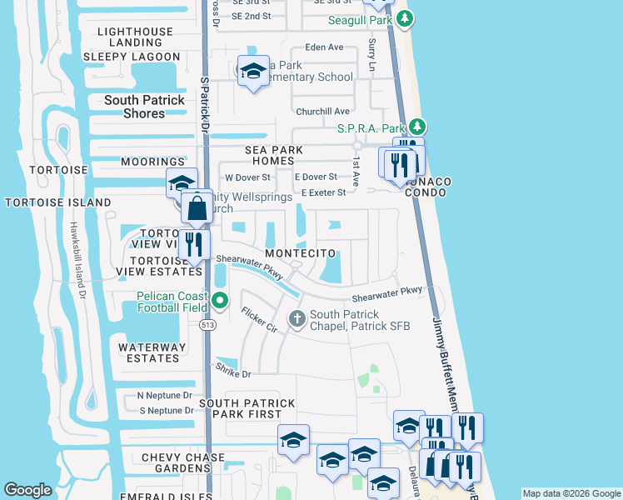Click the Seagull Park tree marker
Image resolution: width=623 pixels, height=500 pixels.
coord(404,17)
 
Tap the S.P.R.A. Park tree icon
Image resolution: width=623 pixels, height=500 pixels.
coord(418,127)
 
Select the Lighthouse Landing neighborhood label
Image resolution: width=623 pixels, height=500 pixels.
coord(135,37)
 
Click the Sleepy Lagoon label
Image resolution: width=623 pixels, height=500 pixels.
coord(132,57)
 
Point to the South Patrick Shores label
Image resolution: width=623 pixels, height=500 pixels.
coord(144,107)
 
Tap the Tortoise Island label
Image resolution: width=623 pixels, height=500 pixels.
coord(57,202)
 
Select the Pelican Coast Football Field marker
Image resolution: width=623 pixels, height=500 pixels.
coord(220,300)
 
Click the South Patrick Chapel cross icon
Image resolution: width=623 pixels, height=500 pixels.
coord(297,317)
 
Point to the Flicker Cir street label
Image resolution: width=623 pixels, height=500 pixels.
coord(259,320)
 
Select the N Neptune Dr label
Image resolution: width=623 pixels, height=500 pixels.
coord(165,395)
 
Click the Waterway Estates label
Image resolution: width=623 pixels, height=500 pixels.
coord(149,352)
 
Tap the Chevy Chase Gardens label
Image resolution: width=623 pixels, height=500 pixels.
coord(183,464)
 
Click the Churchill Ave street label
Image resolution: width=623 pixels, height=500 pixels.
coord(322,112)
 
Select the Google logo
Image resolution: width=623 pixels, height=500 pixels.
coord(28,490)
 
